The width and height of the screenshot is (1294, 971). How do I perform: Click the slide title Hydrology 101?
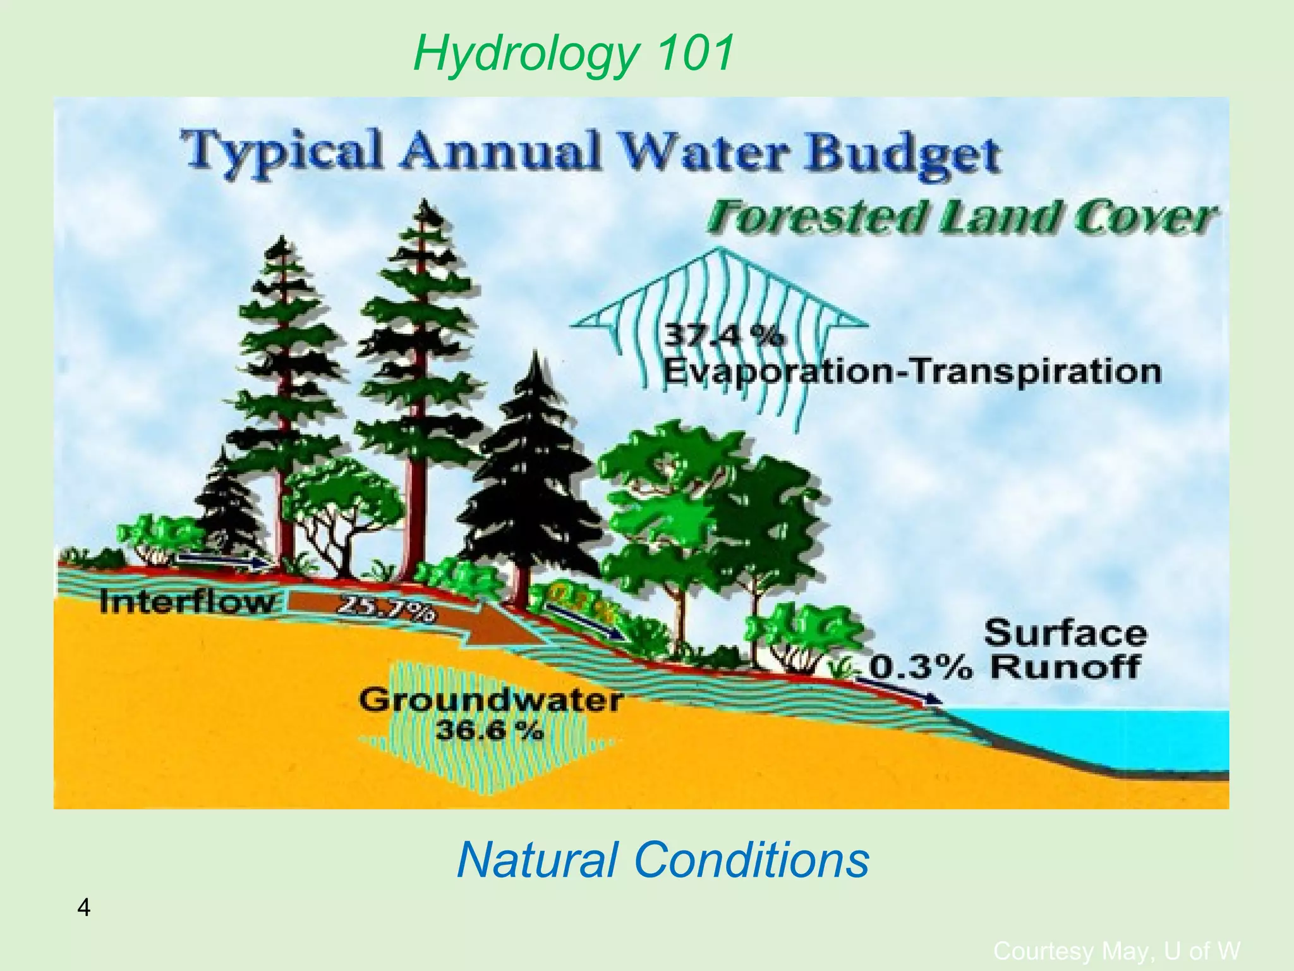[574, 53]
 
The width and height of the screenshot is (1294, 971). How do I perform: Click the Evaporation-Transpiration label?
[912, 371]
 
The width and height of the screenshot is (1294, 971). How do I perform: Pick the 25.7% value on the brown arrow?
[386, 610]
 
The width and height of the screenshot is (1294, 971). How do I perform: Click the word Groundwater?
[491, 700]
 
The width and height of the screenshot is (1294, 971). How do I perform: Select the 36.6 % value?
[488, 731]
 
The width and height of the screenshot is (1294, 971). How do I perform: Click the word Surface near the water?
[1065, 633]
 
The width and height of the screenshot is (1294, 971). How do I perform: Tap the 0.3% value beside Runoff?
[921, 668]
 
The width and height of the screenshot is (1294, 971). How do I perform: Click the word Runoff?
[1065, 667]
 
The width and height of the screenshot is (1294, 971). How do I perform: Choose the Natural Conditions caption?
[662, 861]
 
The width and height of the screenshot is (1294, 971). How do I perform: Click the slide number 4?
[83, 908]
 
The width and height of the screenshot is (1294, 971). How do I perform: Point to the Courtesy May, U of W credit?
[1116, 951]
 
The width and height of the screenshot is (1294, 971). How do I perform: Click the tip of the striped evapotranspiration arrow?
[719, 250]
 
